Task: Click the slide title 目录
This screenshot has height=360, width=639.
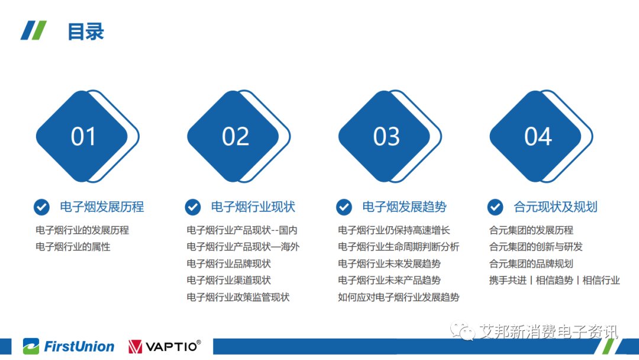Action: tap(86, 31)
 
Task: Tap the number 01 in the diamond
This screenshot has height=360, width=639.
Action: tap(83, 136)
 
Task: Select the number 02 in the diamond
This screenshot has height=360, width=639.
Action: tap(235, 136)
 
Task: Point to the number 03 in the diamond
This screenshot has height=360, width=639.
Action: tap(386, 136)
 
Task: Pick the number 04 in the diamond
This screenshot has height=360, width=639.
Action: tap(538, 136)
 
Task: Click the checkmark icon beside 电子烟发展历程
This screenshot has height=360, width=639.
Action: tap(41, 207)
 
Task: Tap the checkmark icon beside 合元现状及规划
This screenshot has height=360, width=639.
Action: tap(495, 207)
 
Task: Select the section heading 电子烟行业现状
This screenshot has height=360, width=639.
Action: tap(253, 207)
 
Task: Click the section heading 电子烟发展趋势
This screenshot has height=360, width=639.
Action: tap(404, 207)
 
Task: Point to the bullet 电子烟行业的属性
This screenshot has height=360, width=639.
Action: tap(73, 247)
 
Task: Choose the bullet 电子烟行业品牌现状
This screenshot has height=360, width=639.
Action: tap(228, 263)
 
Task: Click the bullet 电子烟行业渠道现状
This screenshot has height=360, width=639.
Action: tap(228, 280)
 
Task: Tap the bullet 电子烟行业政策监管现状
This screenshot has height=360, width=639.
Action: tap(238, 297)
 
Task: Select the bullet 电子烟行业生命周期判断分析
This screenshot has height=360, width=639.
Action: tap(399, 247)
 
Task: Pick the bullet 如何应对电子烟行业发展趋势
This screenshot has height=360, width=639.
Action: tap(399, 297)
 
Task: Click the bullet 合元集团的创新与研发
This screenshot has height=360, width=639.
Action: tap(536, 247)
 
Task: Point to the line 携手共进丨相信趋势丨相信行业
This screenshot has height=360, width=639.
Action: tap(554, 280)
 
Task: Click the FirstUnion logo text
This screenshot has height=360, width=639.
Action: tap(79, 346)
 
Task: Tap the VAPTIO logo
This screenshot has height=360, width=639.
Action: tap(164, 346)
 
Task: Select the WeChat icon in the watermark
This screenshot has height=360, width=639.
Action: tap(463, 331)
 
